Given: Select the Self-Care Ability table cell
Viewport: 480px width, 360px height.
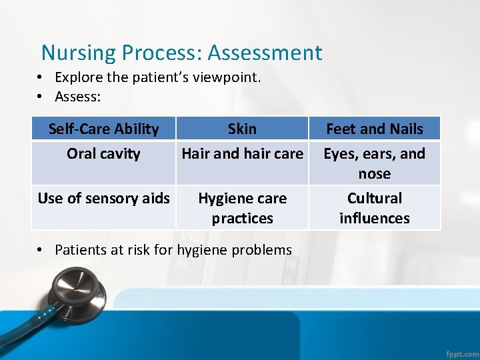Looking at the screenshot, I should pos(104,129).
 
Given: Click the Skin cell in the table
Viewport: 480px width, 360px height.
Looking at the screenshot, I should pos(242,129).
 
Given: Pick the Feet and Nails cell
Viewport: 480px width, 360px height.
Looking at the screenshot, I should pos(374,129).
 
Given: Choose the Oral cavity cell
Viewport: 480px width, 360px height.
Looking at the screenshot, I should pos(104,154).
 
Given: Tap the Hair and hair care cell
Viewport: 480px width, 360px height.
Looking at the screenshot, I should pos(242,154).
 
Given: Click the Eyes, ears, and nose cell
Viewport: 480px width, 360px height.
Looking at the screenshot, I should pos(374,163).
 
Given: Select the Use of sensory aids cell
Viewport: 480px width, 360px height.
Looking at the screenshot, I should pos(104,198).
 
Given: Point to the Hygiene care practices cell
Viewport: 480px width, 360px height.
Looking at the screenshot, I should pos(242,208).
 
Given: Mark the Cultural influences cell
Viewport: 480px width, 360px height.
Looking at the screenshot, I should pos(374,208).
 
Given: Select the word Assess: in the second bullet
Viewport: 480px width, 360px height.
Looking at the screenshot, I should pos(78,97).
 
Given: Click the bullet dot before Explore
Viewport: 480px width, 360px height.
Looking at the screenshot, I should pos(41,78).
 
